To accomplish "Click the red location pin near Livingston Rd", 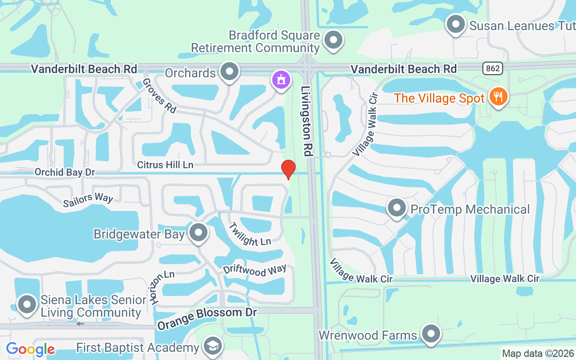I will click(288, 169).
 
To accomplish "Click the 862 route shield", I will click(493, 68).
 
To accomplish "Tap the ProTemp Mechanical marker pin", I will click(396, 208).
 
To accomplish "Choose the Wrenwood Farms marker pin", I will click(431, 334).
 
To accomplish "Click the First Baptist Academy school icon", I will click(212, 346).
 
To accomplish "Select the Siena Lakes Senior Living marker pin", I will click(27, 305).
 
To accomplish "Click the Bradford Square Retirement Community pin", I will click(333, 40).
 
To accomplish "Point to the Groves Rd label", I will click(159, 95).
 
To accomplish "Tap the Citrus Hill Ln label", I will click(165, 165).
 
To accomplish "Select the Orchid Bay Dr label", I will click(65, 172).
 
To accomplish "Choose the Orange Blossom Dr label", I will click(207, 319).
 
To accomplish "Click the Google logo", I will click(30, 349).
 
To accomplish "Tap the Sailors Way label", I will click(88, 201).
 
